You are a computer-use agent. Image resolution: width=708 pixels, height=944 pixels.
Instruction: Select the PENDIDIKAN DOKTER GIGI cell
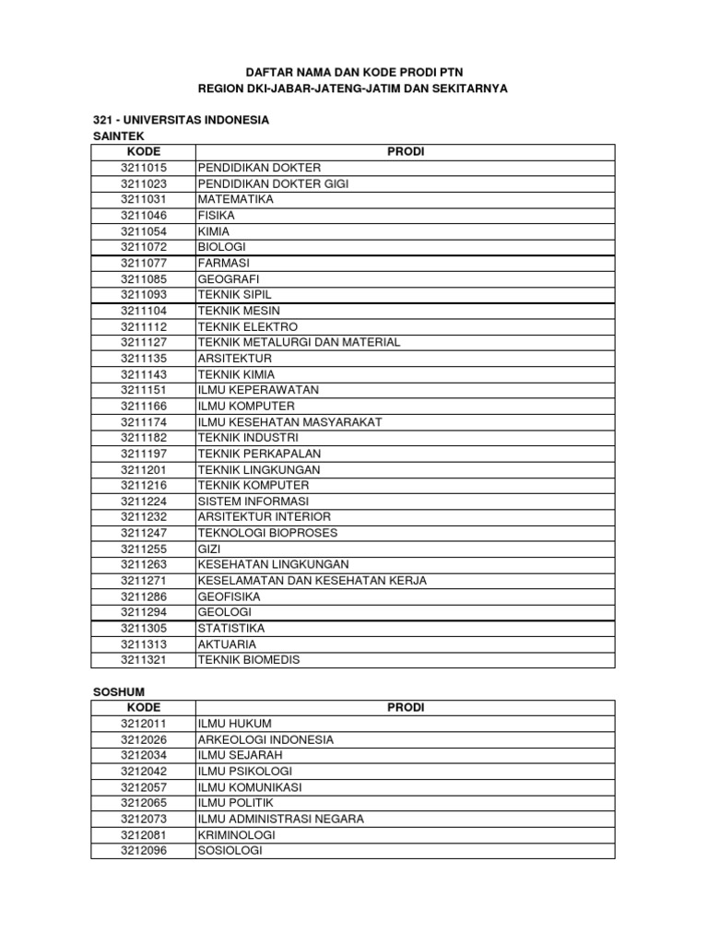273,183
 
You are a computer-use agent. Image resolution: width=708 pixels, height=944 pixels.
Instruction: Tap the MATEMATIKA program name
235,199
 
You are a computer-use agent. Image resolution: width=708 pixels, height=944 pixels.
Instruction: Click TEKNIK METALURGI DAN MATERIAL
299,342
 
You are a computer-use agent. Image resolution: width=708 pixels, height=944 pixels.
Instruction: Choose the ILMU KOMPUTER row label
246,406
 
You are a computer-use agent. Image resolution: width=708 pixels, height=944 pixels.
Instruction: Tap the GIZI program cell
208,549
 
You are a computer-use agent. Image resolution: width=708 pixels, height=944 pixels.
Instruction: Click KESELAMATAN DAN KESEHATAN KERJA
312,580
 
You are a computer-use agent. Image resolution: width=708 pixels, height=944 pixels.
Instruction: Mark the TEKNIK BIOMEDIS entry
248,659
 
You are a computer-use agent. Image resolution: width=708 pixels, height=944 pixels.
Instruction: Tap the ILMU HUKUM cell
234,723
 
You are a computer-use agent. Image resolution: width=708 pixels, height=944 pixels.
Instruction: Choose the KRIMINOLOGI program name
236,834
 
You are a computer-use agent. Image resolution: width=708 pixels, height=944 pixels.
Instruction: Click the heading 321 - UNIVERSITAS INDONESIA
181,120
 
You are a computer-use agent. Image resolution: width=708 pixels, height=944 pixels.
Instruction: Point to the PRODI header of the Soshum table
406,707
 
